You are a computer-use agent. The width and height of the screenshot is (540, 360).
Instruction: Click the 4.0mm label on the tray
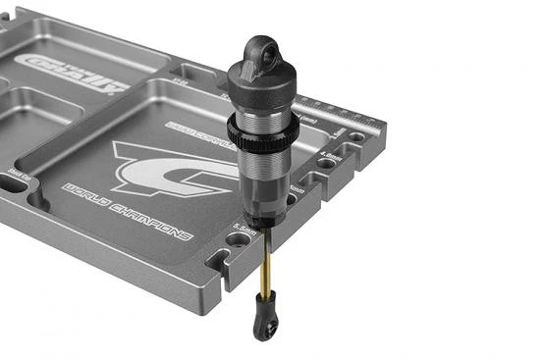[331, 155]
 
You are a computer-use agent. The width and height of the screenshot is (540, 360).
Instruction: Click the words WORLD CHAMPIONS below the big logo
[128, 212]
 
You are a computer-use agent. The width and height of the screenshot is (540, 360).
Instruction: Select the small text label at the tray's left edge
[17, 176]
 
